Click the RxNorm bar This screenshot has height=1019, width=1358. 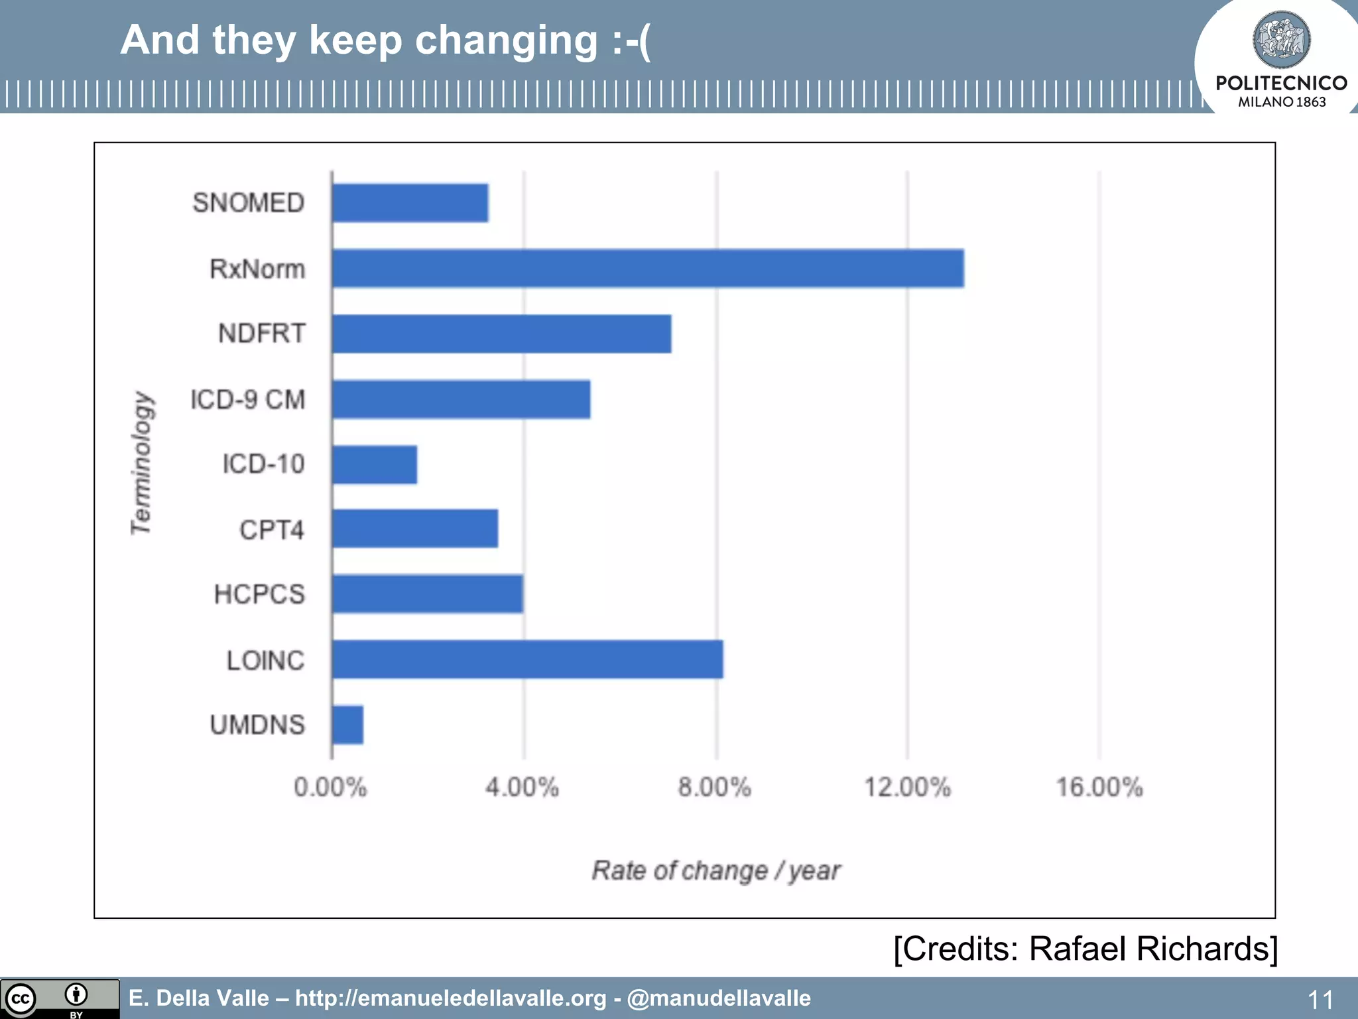(648, 269)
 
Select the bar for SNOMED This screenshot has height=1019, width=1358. (410, 203)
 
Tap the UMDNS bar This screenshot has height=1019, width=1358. (347, 724)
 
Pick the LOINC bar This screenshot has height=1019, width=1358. (527, 659)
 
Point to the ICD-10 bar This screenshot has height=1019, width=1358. (375, 464)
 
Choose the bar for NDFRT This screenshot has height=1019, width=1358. (501, 334)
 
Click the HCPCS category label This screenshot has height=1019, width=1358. (259, 594)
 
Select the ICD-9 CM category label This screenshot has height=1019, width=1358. (248, 399)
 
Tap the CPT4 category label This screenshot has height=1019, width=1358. (272, 530)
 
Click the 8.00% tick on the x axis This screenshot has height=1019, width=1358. (714, 787)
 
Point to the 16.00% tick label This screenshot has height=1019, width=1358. (1099, 787)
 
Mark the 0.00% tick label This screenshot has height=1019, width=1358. (330, 787)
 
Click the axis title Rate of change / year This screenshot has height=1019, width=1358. (716, 870)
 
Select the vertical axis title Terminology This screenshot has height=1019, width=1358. (141, 463)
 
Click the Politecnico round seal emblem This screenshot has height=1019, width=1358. (1281, 40)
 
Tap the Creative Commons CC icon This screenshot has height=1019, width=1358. (20, 998)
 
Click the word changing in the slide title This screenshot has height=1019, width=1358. (507, 41)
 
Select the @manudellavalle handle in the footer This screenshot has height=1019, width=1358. (719, 998)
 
